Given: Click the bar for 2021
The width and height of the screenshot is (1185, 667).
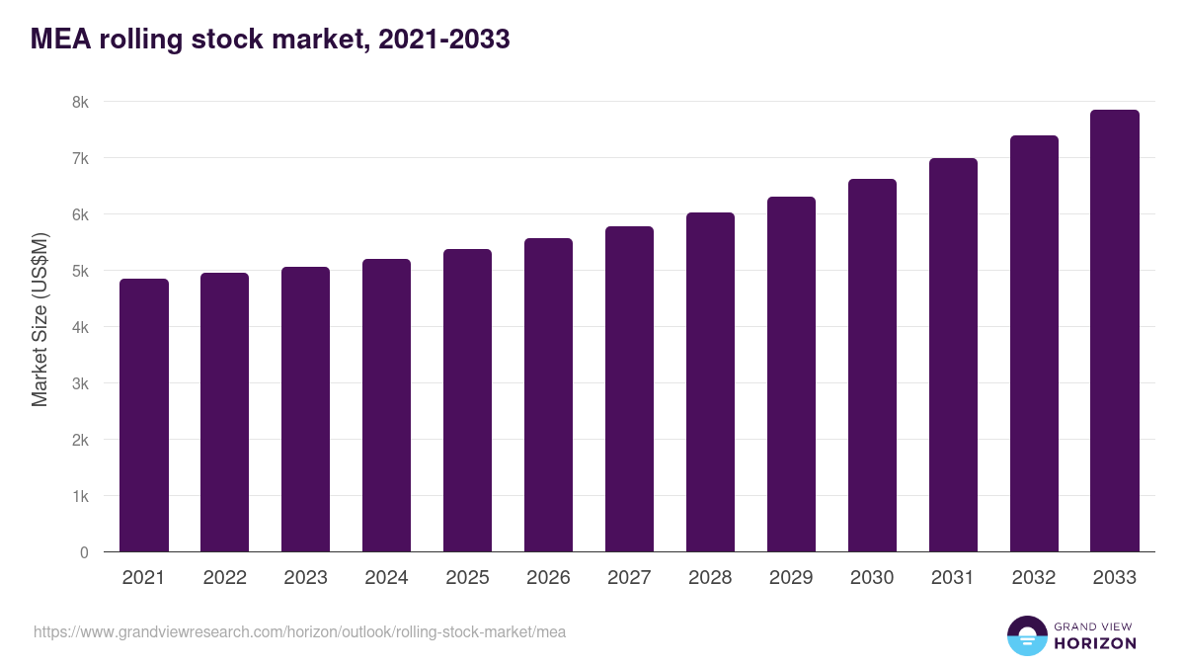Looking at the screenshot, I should (x=144, y=415).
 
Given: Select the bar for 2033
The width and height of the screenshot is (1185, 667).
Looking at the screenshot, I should (x=1115, y=331).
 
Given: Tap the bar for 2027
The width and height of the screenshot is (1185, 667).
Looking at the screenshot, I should (x=629, y=389).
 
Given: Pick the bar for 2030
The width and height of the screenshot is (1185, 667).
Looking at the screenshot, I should (x=872, y=366).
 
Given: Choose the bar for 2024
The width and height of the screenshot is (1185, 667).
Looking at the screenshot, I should (x=386, y=405).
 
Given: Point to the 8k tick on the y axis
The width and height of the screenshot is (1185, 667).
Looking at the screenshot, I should (x=80, y=102).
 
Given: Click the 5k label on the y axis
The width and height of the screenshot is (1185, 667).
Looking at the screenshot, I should (x=80, y=271).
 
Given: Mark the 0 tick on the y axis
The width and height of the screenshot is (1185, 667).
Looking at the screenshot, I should (x=84, y=552).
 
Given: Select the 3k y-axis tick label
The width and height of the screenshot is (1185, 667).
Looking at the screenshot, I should (x=80, y=383).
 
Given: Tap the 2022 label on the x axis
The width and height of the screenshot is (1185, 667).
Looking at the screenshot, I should (x=225, y=578).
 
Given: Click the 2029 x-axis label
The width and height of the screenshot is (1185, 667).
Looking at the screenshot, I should (x=791, y=578).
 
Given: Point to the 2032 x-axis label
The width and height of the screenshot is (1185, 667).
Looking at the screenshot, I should (x=1034, y=578).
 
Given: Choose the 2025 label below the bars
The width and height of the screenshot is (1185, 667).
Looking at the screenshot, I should (x=467, y=578).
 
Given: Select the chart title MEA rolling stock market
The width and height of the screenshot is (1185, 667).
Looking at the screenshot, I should (x=270, y=40).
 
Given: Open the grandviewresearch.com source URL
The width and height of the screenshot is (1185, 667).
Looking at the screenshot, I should (x=300, y=631).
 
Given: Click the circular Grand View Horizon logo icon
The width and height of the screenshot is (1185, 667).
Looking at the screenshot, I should (x=1026, y=635).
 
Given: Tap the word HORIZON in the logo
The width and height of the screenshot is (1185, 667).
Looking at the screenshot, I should (x=1095, y=643).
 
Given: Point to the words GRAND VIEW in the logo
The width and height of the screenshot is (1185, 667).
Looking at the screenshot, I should (x=1094, y=625).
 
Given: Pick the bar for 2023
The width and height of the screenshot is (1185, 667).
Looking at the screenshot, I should (x=305, y=409).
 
